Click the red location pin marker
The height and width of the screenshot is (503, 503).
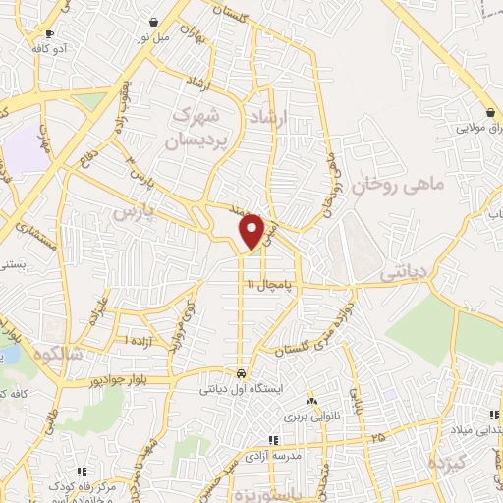pos(252,230)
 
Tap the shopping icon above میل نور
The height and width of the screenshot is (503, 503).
pos(154,22)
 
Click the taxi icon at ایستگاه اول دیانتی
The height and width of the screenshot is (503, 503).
pos(241,373)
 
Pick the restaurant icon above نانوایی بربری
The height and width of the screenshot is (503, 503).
pos(312,401)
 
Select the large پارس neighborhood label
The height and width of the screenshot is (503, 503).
pos(133,212)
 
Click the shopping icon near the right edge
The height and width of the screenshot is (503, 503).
pos(489,112)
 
